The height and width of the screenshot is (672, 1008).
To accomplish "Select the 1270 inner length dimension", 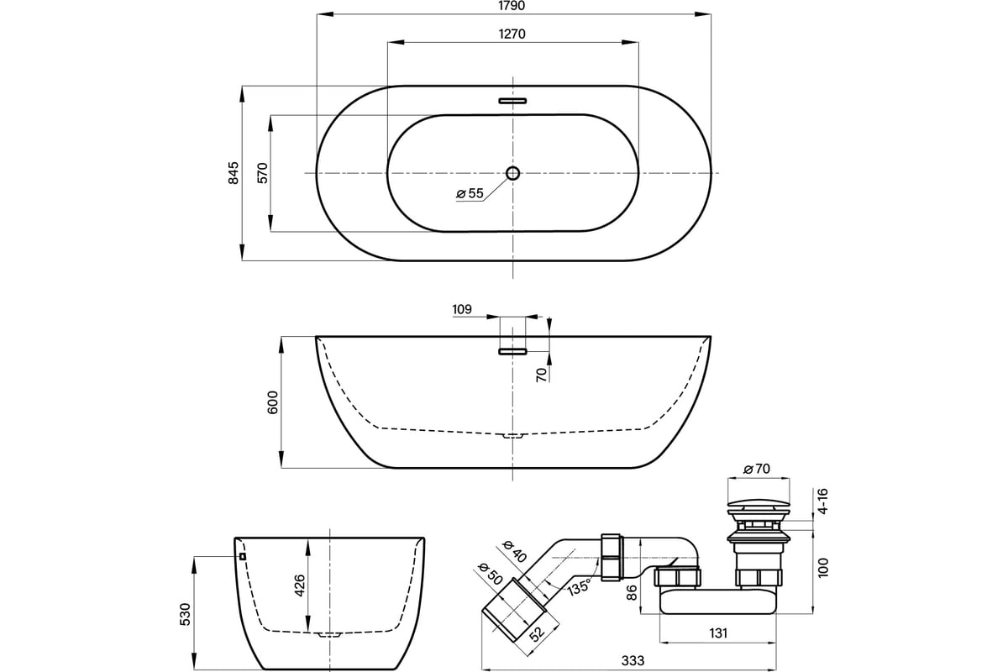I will click(512, 34).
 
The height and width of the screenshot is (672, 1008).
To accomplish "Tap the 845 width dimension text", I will click(234, 173).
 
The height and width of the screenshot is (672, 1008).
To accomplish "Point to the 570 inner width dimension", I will click(262, 173).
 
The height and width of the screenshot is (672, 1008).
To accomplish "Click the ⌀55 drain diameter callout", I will click(470, 194).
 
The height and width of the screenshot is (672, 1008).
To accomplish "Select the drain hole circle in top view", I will click(512, 173).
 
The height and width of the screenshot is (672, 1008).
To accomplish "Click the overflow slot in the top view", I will click(512, 101).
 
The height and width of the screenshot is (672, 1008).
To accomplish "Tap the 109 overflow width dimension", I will click(461, 310).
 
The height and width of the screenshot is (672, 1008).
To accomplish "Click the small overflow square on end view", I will click(242, 555).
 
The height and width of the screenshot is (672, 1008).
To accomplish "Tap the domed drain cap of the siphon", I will click(758, 507).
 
